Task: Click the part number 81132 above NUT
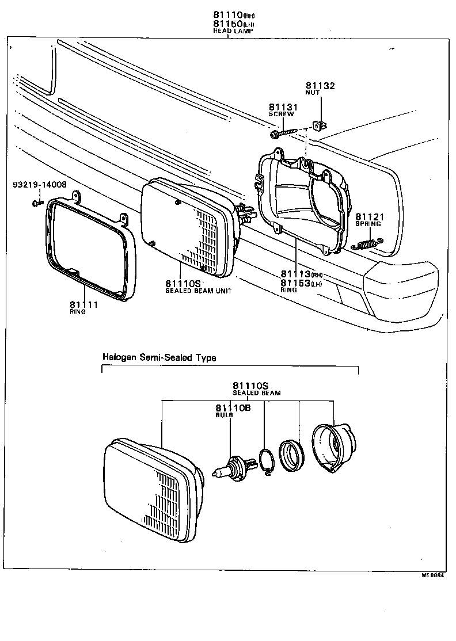point(320,86)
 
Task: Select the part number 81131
point(282,107)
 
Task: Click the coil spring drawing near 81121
point(363,245)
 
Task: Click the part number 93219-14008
point(40,185)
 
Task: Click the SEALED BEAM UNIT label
point(198,291)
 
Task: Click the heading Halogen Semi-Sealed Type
point(159,357)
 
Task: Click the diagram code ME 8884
point(434,574)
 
